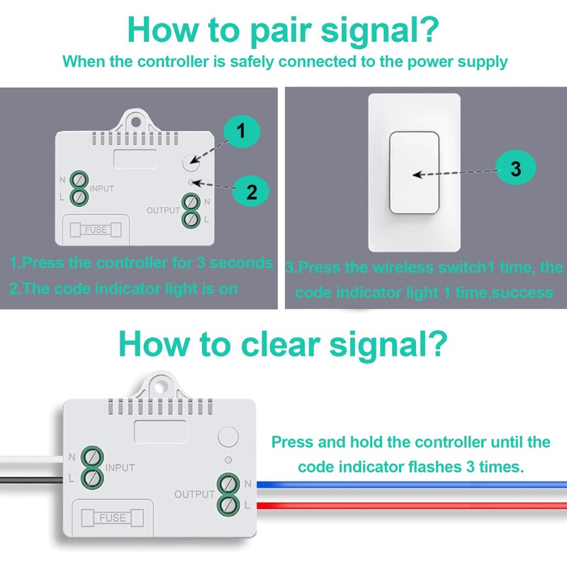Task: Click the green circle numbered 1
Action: [x=240, y=131]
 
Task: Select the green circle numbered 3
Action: [x=515, y=169]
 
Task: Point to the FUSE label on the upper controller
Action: [x=96, y=230]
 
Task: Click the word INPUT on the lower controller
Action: [x=120, y=468]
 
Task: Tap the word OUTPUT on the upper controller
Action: [x=163, y=210]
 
